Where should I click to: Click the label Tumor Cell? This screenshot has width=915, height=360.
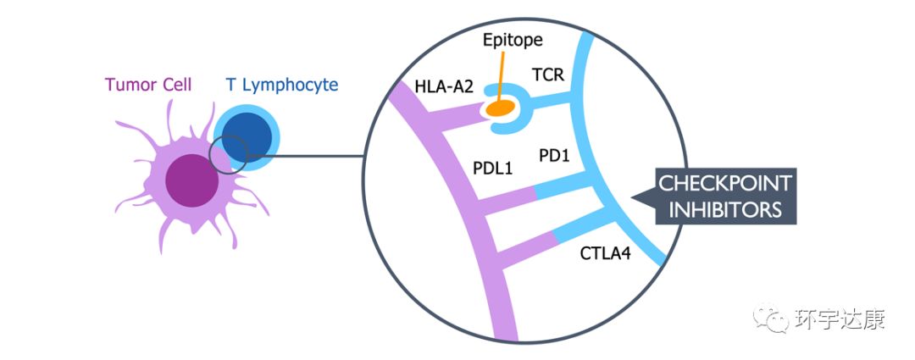click(147, 85)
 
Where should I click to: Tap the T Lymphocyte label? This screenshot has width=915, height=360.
click(282, 85)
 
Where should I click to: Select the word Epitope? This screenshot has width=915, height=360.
click(512, 39)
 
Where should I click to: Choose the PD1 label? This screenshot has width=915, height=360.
click(555, 155)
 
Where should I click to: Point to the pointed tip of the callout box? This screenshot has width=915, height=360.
click(636, 196)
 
